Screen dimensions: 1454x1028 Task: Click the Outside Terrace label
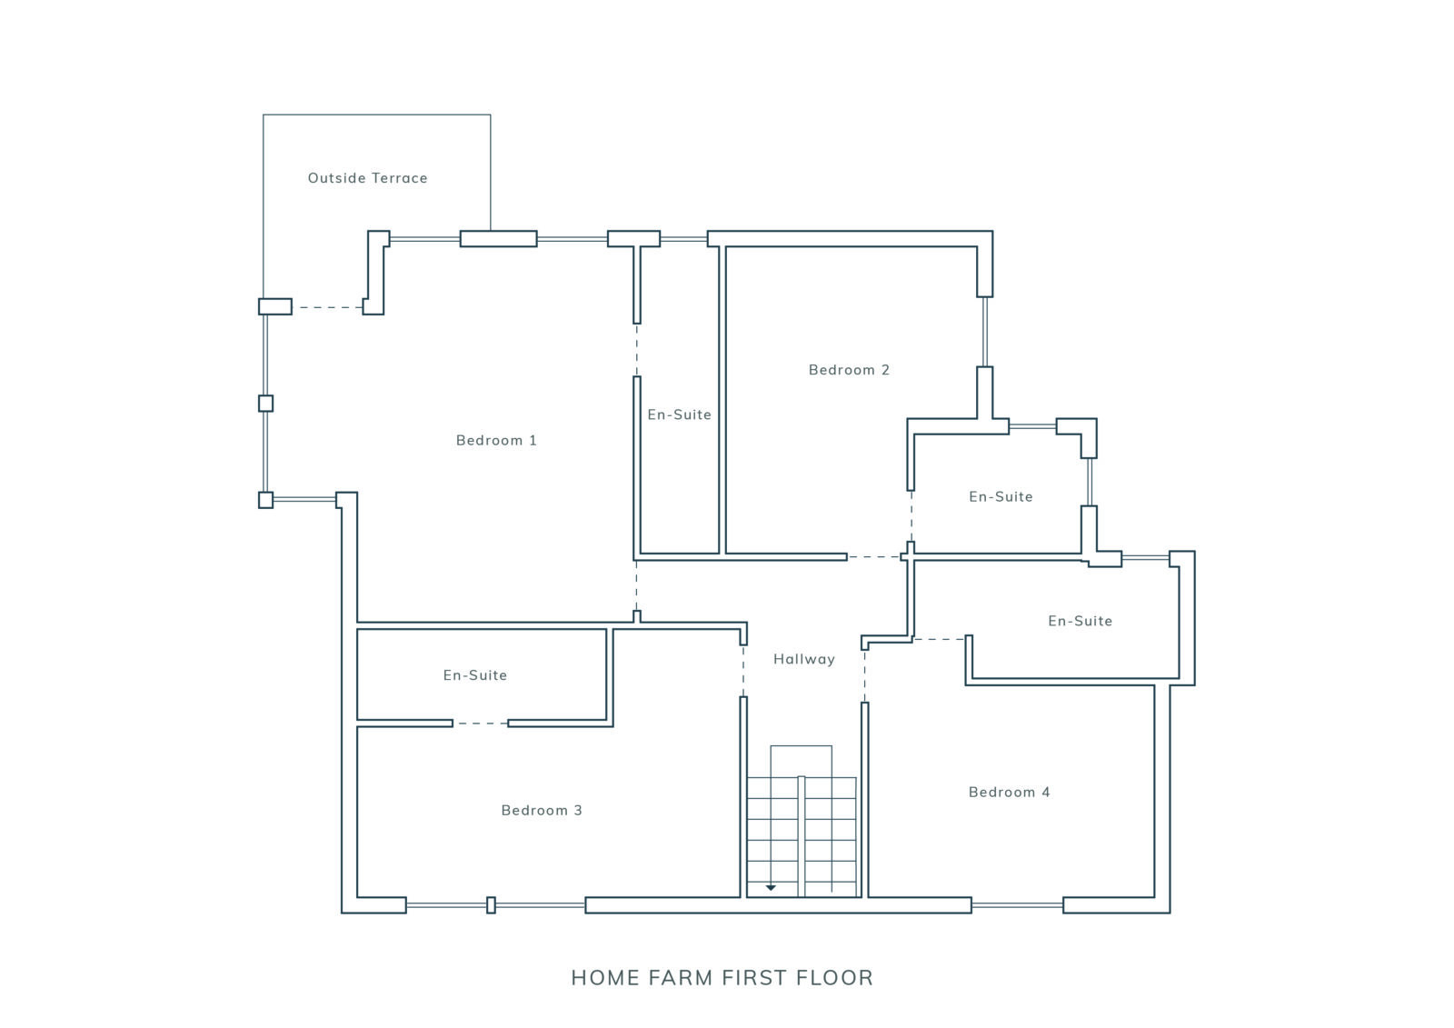367,178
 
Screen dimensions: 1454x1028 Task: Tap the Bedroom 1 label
496,440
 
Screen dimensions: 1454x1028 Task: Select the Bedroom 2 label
849,370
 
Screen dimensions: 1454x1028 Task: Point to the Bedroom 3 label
542,810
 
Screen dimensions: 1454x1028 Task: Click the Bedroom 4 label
1010,792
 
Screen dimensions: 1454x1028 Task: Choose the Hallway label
804,659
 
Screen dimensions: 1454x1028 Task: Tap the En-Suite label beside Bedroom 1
680,414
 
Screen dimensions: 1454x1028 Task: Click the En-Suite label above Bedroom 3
475,674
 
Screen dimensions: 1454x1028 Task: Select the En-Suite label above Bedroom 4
1081,621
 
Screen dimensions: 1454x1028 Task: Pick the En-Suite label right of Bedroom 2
1001,497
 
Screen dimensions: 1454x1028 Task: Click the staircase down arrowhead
771,887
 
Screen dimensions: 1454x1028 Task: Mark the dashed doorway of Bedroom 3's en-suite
481,723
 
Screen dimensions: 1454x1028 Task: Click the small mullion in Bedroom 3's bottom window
492,904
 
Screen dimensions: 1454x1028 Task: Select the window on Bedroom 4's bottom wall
1017,905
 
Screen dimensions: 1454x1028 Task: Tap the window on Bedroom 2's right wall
985,332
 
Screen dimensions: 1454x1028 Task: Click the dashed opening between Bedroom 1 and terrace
328,307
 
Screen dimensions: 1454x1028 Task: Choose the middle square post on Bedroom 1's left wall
265,404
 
